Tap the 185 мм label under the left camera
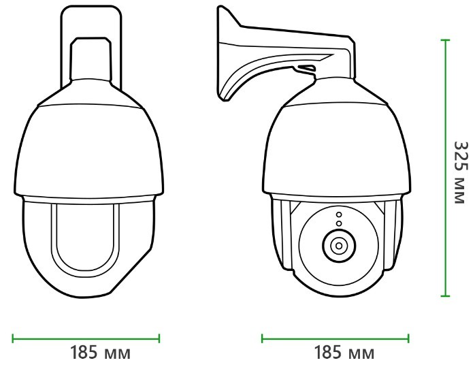pyautogui.click(x=100, y=354)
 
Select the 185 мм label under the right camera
pyautogui.click(x=344, y=354)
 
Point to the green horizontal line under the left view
pyautogui.click(x=86, y=336)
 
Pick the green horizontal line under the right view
pyautogui.click(x=335, y=336)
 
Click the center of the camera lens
pyautogui.click(x=336, y=244)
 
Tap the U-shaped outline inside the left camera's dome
pyautogui.click(x=86, y=238)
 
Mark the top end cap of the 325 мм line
pyautogui.click(x=446, y=40)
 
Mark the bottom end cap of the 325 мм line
pyautogui.click(x=446, y=296)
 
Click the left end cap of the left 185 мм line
pyautogui.click(x=13, y=336)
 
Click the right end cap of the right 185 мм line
pyautogui.click(x=409, y=336)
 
